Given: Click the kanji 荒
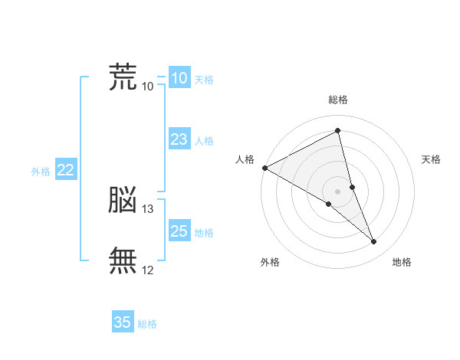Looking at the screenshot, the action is tap(123, 77).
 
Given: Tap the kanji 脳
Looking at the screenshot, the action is tap(123, 199).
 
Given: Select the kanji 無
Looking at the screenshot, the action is tap(123, 260).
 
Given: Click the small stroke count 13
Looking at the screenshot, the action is tap(147, 209).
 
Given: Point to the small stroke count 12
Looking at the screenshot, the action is tap(147, 270).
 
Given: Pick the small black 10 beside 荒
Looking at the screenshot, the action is tap(147, 87).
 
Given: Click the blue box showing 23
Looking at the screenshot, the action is tap(179, 139).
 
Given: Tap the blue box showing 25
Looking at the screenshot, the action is tap(179, 230).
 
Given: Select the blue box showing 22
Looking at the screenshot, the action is tap(66, 169).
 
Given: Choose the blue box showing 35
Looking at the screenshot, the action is tap(123, 321).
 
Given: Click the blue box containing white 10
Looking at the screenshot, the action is tap(179, 77).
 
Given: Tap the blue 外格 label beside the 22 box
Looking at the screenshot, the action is tap(41, 172).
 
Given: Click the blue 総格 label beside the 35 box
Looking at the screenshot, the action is tap(147, 324).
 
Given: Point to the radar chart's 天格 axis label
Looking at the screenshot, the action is tap(431, 159).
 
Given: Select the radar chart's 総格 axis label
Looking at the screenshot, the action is tap(338, 100).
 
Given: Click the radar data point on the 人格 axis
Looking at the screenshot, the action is tap(265, 168).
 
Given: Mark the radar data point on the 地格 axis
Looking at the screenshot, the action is tap(373, 241).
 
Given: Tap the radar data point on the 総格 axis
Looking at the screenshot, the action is tap(337, 130).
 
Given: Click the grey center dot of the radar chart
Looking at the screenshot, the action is tap(337, 191).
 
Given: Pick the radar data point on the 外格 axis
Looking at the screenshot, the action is tap(329, 204).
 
